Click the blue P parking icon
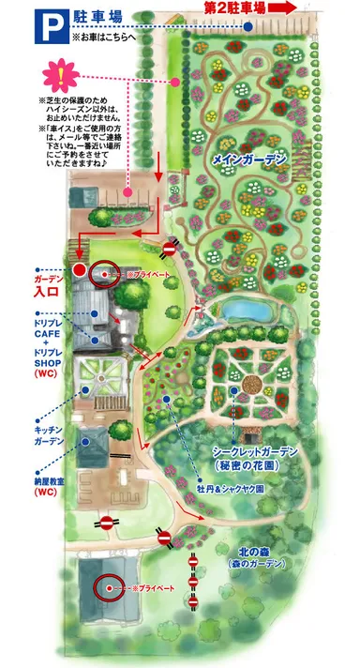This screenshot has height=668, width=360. (x=48, y=25)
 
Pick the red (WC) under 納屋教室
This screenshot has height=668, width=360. (x=45, y=491)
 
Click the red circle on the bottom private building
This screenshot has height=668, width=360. (x=108, y=587)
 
